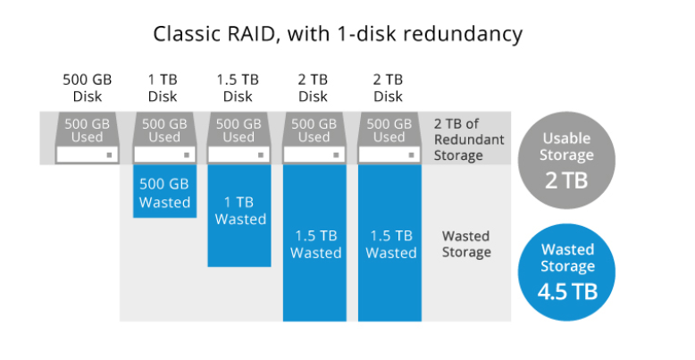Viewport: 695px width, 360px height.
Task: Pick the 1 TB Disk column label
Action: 163,87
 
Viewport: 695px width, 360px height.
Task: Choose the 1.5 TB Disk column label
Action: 239,87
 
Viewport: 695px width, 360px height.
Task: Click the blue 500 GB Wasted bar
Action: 164,193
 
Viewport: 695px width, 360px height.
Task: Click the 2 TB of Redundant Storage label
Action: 469,139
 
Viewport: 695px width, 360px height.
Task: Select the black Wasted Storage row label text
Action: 466,244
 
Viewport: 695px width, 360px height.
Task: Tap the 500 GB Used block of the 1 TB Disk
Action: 164,130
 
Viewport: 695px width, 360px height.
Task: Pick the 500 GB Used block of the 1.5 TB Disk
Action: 239,130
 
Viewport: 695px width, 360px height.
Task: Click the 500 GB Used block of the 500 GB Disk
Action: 88,130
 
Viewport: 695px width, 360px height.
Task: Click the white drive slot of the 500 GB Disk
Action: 88,155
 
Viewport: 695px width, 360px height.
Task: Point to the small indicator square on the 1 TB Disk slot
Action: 185,155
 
